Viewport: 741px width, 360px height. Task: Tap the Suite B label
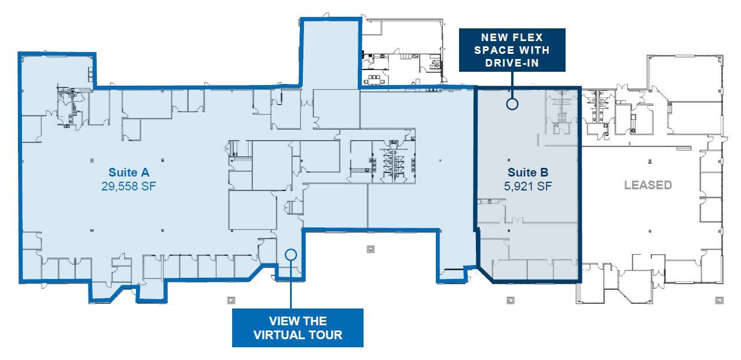(x=528, y=172)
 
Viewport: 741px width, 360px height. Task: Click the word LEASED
(x=648, y=185)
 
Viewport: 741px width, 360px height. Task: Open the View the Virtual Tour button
(x=298, y=328)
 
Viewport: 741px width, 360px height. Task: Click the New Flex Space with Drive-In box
(x=512, y=50)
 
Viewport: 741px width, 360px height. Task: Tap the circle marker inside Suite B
(x=512, y=104)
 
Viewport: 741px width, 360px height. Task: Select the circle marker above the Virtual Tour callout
(x=291, y=254)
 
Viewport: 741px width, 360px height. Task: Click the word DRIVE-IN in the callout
(x=512, y=63)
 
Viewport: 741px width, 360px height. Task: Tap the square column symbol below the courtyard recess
(x=370, y=249)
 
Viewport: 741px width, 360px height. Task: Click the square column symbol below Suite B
(x=511, y=300)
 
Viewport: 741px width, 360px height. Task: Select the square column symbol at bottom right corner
(x=719, y=300)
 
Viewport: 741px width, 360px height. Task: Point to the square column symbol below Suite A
(x=230, y=300)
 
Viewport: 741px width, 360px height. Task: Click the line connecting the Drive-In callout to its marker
(x=512, y=85)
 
